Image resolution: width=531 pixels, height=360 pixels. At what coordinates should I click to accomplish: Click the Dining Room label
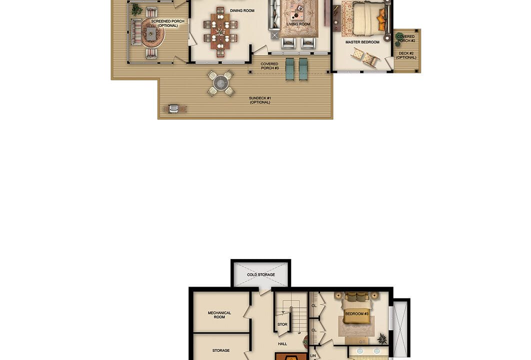tap(242, 10)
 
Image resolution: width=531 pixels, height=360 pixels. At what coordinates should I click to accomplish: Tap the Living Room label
tap(298, 24)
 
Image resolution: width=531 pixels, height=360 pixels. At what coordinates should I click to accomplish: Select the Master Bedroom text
tap(362, 42)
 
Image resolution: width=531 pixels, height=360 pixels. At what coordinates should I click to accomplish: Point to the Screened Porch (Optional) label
tap(167, 23)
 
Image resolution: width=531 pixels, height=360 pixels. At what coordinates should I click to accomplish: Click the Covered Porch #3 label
tap(269, 66)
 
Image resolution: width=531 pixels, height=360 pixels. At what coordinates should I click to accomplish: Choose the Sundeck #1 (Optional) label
tap(259, 100)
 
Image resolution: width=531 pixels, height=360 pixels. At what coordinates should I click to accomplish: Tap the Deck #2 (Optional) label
tap(406, 55)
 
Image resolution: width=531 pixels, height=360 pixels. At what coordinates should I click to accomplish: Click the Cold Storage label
tap(261, 274)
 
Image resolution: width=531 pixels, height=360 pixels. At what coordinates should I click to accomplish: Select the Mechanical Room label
tap(219, 315)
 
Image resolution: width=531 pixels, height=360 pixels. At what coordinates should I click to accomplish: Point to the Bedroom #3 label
tap(357, 314)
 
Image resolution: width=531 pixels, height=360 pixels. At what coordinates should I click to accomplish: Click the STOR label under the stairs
tap(282, 324)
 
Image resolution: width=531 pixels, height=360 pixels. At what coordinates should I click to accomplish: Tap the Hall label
tap(282, 343)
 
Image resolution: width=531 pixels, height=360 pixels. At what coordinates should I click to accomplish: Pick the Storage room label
tap(221, 350)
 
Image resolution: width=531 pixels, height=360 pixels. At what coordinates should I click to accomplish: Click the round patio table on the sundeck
tap(221, 82)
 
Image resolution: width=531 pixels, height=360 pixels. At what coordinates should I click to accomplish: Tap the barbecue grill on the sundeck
tap(174, 108)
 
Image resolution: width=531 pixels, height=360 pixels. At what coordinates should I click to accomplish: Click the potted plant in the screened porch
tap(136, 9)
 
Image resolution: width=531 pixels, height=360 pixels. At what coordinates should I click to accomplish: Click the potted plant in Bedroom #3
tap(382, 338)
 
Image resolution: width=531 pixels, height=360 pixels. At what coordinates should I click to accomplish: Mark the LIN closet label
tap(313, 355)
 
